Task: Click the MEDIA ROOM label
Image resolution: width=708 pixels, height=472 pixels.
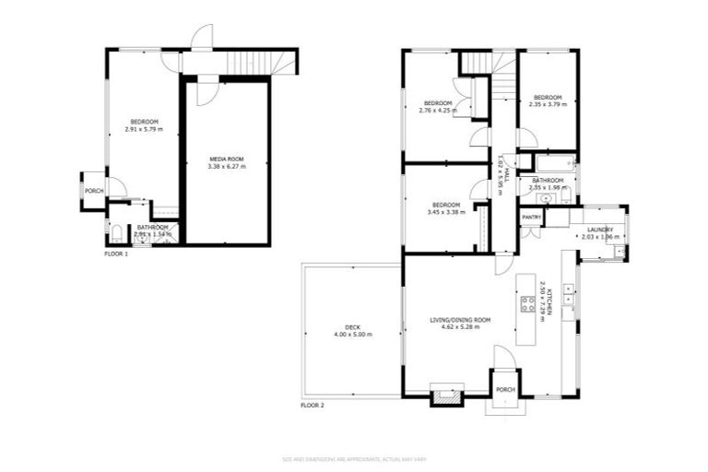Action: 226,159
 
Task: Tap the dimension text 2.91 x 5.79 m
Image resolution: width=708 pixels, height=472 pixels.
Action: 144,129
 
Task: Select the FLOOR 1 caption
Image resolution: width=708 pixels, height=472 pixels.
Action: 116,253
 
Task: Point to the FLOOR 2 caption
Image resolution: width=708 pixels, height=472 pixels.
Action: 313,405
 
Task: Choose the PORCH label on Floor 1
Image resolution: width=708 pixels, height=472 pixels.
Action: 94,191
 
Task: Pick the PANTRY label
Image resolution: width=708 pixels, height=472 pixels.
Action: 531,218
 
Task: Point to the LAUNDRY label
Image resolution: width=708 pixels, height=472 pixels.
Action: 598,230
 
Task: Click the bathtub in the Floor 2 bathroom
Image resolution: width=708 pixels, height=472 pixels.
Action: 551,167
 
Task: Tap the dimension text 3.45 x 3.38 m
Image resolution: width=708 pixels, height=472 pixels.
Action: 446,212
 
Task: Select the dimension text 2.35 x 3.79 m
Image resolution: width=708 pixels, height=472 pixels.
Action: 547,104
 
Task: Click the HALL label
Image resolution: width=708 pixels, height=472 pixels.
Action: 503,156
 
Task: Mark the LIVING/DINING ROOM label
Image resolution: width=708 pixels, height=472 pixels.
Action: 460,320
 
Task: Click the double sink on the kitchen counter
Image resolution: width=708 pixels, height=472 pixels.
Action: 569,294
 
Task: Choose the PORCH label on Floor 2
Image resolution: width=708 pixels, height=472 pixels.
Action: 504,388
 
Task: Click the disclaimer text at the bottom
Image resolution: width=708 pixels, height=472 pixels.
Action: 353,458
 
